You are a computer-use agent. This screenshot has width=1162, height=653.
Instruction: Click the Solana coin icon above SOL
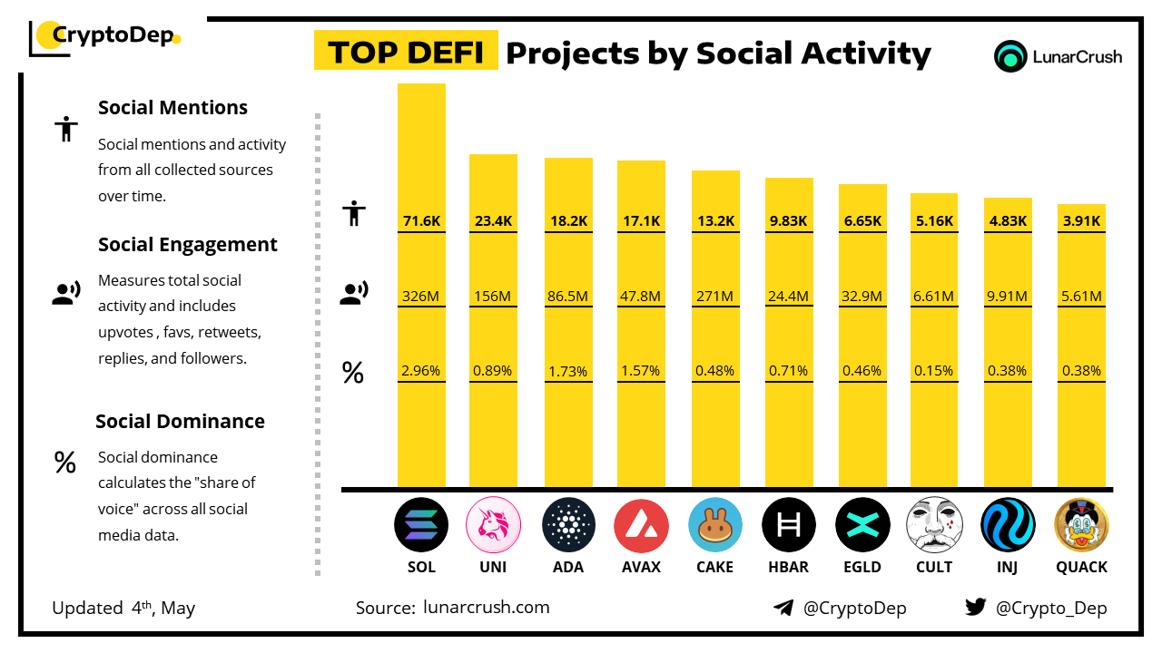(421, 525)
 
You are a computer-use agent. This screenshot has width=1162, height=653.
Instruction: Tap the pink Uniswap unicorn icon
(493, 525)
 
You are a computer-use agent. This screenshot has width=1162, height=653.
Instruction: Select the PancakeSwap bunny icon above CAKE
(715, 525)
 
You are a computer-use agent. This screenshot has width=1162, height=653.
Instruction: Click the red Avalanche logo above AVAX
(641, 525)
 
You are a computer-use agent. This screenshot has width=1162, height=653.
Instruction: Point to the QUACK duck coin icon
(1081, 525)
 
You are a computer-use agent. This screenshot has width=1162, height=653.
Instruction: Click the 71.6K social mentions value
(421, 220)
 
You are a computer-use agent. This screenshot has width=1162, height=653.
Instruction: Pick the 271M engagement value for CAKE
(715, 296)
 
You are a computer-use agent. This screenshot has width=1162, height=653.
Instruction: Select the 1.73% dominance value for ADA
(568, 371)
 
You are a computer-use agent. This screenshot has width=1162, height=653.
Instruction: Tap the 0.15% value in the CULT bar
(934, 370)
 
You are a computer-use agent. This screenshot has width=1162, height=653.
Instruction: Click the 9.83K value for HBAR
(789, 220)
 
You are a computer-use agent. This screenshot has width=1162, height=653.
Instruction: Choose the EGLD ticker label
(861, 567)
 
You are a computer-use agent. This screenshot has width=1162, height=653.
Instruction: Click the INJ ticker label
(1008, 567)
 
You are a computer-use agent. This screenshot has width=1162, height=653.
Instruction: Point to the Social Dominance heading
(180, 421)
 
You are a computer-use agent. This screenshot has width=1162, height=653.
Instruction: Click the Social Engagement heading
(188, 245)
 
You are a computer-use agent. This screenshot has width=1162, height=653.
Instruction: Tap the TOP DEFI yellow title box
(406, 53)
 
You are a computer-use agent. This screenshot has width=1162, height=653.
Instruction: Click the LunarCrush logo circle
(1009, 56)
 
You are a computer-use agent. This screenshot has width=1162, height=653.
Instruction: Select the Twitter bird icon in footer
(976, 608)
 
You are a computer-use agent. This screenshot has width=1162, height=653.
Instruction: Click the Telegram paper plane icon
(783, 608)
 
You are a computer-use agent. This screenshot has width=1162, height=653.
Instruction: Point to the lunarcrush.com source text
(486, 608)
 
